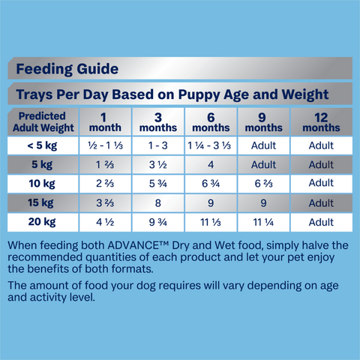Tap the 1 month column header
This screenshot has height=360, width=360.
tap(105, 122)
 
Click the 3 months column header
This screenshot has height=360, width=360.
tap(158, 122)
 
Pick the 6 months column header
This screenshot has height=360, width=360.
tap(211, 122)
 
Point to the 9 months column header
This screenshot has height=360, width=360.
tap(264, 122)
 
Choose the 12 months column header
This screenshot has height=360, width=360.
tap(321, 122)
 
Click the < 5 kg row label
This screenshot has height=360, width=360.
tap(41, 145)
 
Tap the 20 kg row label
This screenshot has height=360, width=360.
tap(41, 223)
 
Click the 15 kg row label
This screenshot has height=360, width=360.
tap(41, 203)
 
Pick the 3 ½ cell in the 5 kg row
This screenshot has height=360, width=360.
tap(158, 165)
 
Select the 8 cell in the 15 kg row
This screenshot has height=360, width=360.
tap(158, 203)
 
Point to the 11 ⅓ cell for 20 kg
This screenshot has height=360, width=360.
tap(211, 223)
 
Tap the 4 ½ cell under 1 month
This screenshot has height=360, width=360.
tap(105, 223)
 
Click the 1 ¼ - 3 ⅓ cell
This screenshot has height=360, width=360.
tap(211, 145)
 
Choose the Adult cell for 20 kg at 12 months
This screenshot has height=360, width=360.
tap(321, 223)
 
